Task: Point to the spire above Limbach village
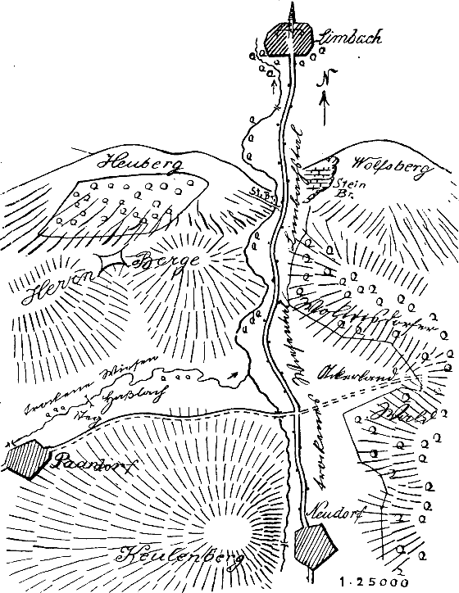(290, 11)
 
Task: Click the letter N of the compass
(325, 79)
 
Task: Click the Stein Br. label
(347, 190)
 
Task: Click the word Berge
(162, 268)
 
